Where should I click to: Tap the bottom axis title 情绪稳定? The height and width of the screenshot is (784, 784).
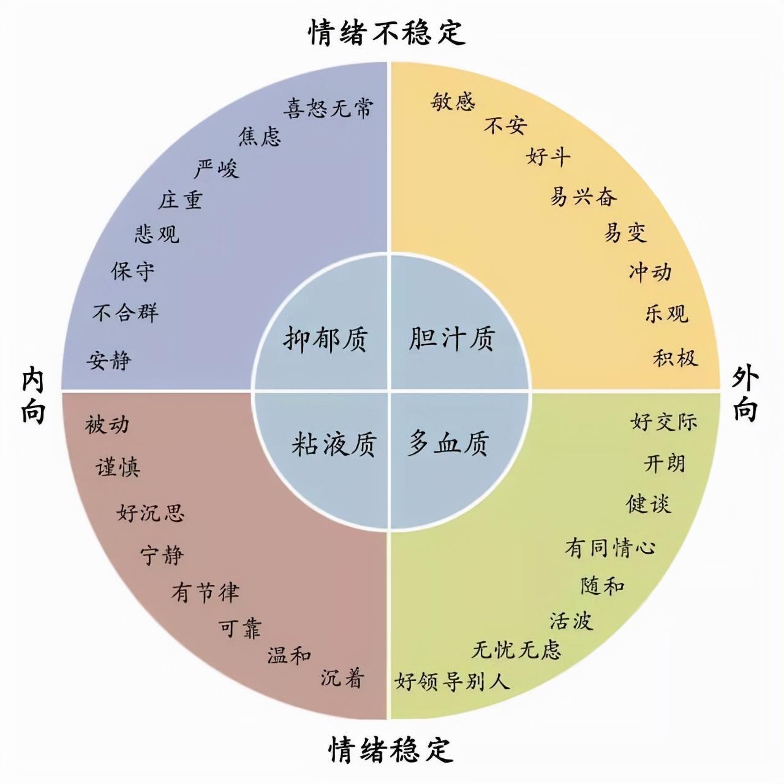click(x=390, y=750)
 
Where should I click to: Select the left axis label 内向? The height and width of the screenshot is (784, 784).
click(x=33, y=394)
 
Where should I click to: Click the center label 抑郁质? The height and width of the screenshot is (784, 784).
click(x=325, y=339)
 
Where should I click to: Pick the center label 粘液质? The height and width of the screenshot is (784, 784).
click(x=334, y=443)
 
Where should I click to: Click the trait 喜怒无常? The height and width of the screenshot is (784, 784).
click(x=328, y=108)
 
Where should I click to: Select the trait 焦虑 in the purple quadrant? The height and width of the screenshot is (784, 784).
click(x=260, y=136)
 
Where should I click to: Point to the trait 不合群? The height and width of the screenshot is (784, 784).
click(x=126, y=312)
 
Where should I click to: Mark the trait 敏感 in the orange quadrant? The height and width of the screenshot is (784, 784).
click(x=453, y=101)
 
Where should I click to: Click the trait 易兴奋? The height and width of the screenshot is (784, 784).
click(x=584, y=197)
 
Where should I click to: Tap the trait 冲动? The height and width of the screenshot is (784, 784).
click(x=650, y=272)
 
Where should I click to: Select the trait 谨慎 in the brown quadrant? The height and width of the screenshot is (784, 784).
click(x=118, y=467)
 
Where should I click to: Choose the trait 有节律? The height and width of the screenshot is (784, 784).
click(x=205, y=592)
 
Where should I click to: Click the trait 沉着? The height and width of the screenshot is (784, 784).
click(x=342, y=678)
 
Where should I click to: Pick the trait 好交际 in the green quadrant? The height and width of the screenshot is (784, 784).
click(x=663, y=421)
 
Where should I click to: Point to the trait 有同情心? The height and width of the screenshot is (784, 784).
click(x=610, y=547)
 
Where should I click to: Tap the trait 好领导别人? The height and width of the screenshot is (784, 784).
click(x=452, y=682)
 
